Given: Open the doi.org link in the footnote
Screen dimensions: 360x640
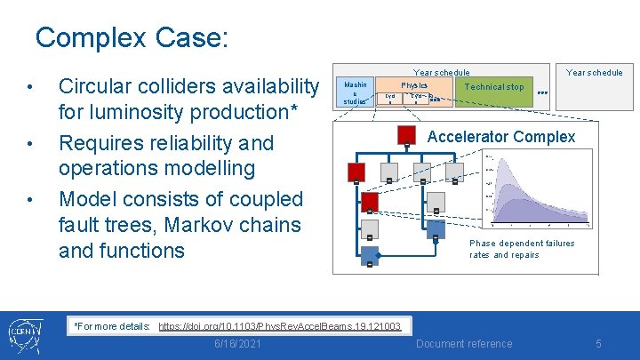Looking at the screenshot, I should (x=280, y=326).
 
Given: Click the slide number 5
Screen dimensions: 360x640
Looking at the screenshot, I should (x=599, y=344).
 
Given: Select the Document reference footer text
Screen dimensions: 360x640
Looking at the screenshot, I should (x=464, y=344).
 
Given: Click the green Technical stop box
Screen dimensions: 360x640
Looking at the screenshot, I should (x=494, y=87).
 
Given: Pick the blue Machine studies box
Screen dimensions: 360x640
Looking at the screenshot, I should (x=355, y=92).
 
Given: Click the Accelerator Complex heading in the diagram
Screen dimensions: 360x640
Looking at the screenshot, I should (x=501, y=137).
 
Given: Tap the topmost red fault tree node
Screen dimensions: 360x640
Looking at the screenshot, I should (x=405, y=136).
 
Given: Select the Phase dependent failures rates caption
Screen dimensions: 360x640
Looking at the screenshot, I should (x=522, y=249).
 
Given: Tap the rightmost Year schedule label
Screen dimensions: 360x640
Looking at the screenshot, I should (x=595, y=72).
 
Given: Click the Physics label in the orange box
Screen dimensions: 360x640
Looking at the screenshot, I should (x=414, y=85).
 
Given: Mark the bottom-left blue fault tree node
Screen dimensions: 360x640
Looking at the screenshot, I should (x=368, y=257).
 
